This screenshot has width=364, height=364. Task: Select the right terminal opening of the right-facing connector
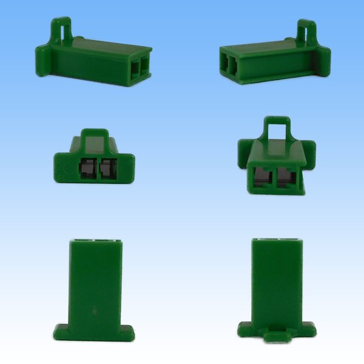coord(144,68)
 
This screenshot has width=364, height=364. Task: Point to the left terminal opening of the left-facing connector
coord(225,67)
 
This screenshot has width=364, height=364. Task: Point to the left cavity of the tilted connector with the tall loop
coord(263,178)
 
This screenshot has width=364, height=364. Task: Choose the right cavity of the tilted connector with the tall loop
coord(286,178)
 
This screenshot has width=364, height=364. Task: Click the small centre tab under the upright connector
coord(275,335)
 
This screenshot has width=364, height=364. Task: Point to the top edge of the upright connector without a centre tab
coord(95,241)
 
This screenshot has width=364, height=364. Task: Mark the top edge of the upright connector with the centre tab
coord(277,241)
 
